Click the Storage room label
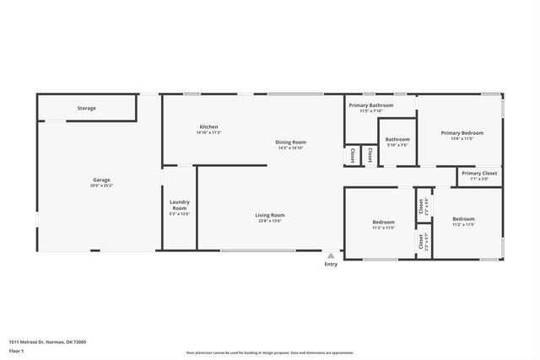click(x=87, y=109)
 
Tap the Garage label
click(x=101, y=180)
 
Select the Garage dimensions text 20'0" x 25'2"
click(x=101, y=185)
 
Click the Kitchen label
click(x=208, y=127)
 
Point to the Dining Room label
click(x=290, y=142)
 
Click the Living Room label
click(x=270, y=215)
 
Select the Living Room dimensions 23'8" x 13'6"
click(x=270, y=221)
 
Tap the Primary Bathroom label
click(x=371, y=105)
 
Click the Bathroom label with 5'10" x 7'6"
click(x=397, y=139)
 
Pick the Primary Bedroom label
click(x=462, y=133)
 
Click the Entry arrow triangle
click(x=331, y=255)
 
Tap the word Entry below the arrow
click(x=331, y=265)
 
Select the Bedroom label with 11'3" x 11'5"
click(x=384, y=223)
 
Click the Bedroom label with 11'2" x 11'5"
click(x=463, y=219)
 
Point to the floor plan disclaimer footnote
click(x=270, y=353)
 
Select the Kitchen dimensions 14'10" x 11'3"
click(x=208, y=132)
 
